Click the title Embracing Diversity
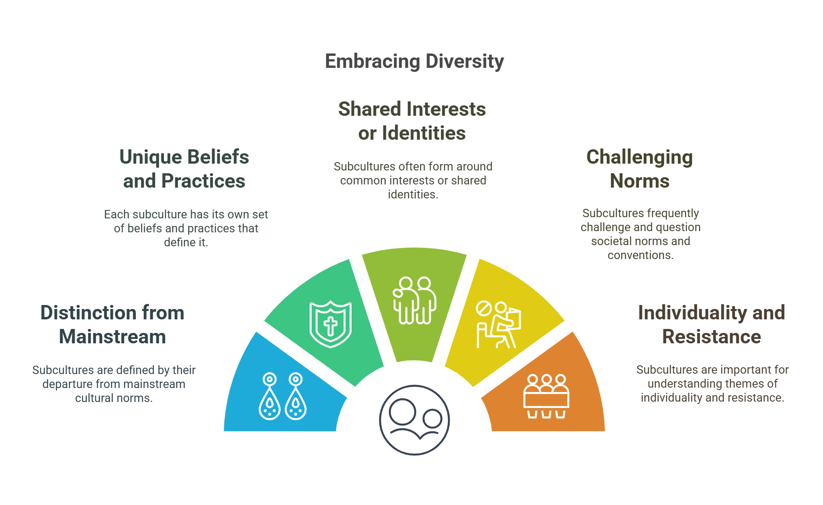pyautogui.click(x=414, y=61)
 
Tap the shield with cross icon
pyautogui.click(x=330, y=324)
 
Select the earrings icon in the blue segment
pyautogui.click(x=283, y=396)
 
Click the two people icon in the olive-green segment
pyautogui.click(x=415, y=300)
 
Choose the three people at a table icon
pyautogui.click(x=546, y=396)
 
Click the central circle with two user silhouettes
pyautogui.click(x=414, y=420)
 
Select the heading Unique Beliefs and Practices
pyautogui.click(x=184, y=169)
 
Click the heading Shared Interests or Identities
pyautogui.click(x=412, y=121)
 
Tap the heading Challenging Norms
pyautogui.click(x=640, y=169)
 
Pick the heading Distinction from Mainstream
pyautogui.click(x=112, y=325)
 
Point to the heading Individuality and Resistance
pyautogui.click(x=712, y=325)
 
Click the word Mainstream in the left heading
pyautogui.click(x=112, y=337)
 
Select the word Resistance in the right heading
pyautogui.click(x=712, y=337)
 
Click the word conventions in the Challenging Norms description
pyautogui.click(x=640, y=255)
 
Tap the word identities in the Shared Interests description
pyautogui.click(x=413, y=194)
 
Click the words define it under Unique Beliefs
pyautogui.click(x=186, y=242)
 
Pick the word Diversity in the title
pyautogui.click(x=465, y=61)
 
